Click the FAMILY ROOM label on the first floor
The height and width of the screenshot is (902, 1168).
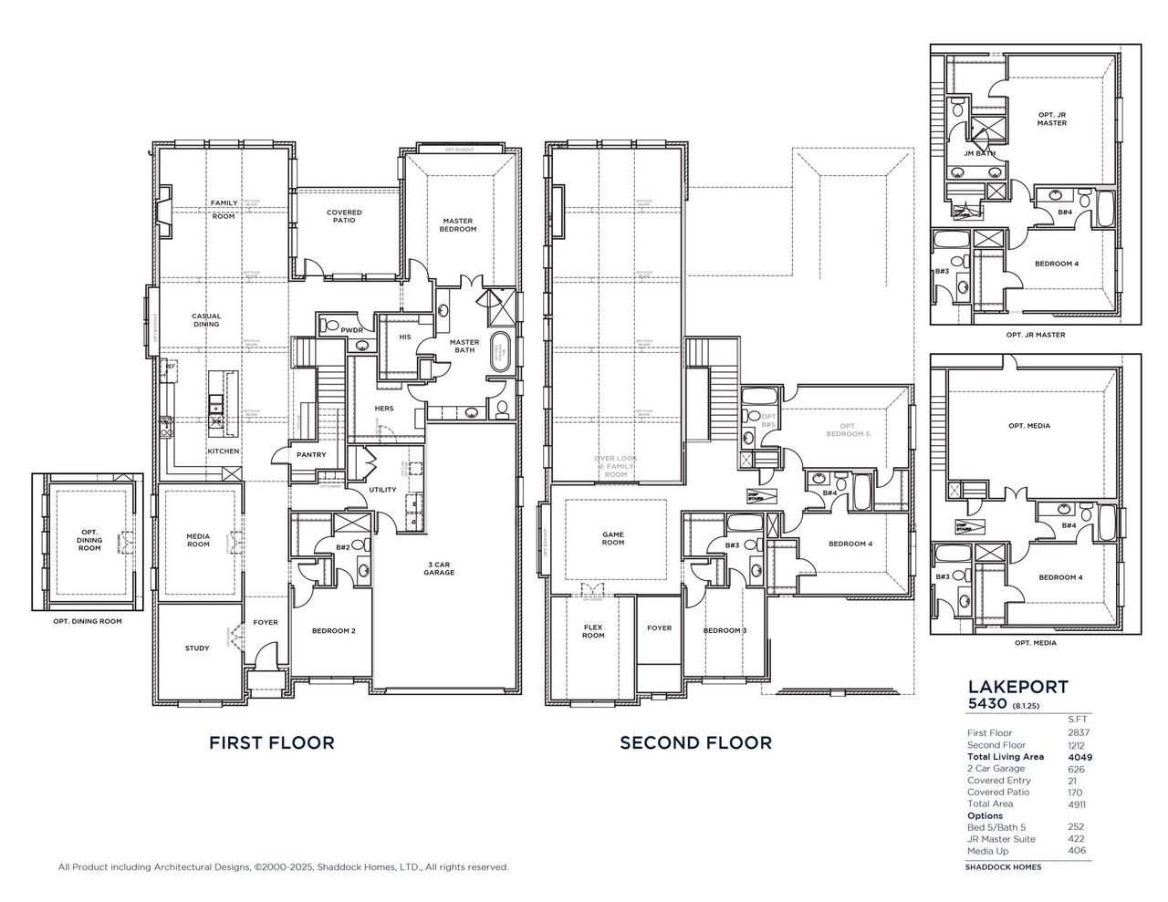pyautogui.click(x=224, y=209)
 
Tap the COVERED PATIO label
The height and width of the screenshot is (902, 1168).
pyautogui.click(x=344, y=216)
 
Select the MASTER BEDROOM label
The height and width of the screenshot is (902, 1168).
pyautogui.click(x=458, y=224)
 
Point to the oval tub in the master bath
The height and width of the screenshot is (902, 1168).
pyautogui.click(x=501, y=352)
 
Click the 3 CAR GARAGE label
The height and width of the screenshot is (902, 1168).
pyautogui.click(x=438, y=569)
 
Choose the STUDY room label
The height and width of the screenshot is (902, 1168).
pyautogui.click(x=197, y=648)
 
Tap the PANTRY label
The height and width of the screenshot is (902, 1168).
pyautogui.click(x=311, y=454)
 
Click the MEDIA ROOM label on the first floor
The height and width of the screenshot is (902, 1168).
pyautogui.click(x=198, y=540)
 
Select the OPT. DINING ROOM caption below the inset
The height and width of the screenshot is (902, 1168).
pyautogui.click(x=88, y=621)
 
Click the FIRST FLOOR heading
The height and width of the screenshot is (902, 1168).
pyautogui.click(x=272, y=742)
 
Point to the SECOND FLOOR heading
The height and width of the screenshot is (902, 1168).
pyautogui.click(x=695, y=742)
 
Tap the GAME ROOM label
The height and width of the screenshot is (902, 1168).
pyautogui.click(x=613, y=538)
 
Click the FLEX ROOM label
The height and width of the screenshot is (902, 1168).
pyautogui.click(x=593, y=630)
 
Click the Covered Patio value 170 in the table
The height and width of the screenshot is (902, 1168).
pyautogui.click(x=1076, y=793)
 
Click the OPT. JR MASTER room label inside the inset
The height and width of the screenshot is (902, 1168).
pyautogui.click(x=1051, y=119)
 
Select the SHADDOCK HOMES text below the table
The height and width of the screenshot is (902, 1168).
pyautogui.click(x=1003, y=866)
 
